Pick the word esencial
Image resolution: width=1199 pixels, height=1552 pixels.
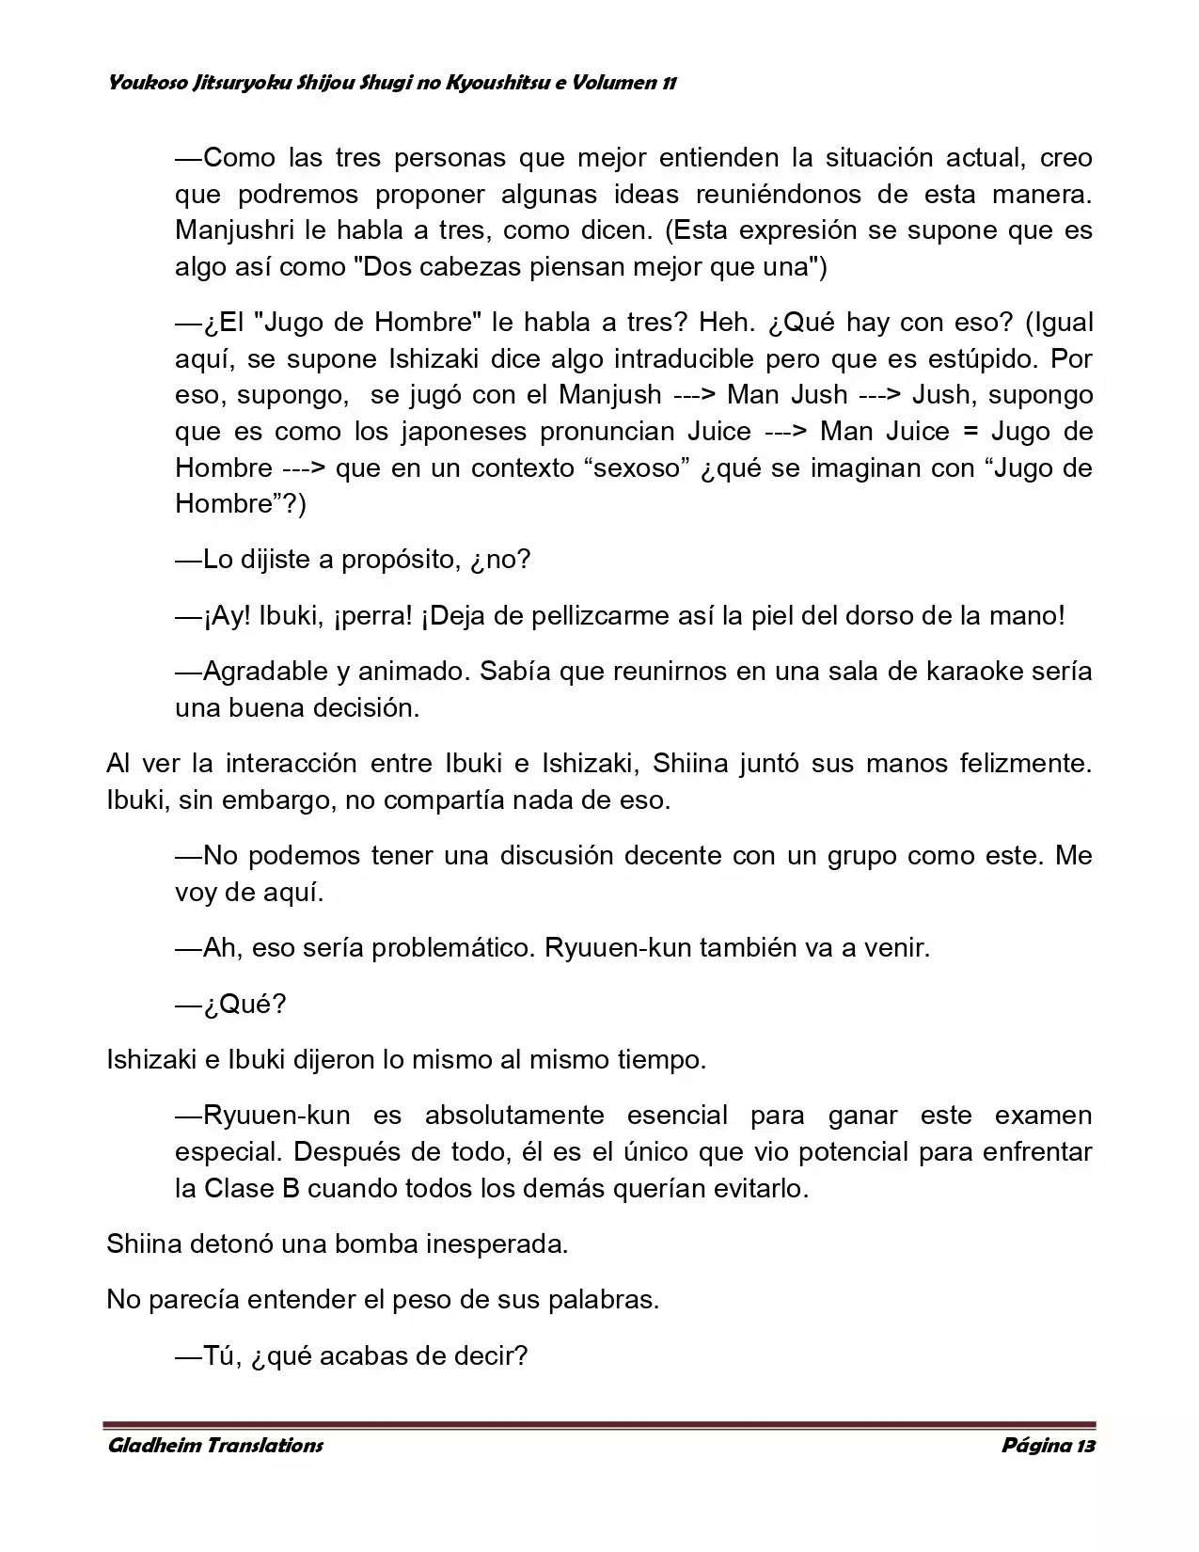click(x=677, y=1116)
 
